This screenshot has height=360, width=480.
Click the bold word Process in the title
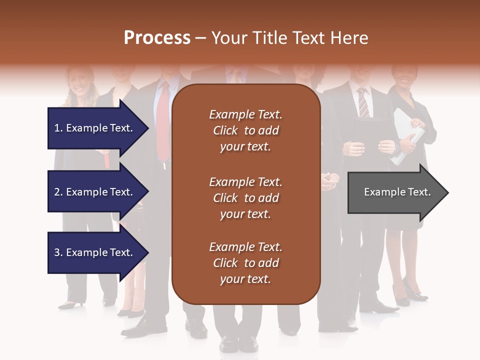pyautogui.click(x=157, y=37)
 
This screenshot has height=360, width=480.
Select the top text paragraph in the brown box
pyautogui.click(x=245, y=130)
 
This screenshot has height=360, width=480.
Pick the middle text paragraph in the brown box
pyautogui.click(x=245, y=198)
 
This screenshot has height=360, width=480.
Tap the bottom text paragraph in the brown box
pyautogui.click(x=245, y=263)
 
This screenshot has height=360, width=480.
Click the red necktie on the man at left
pyautogui.click(x=163, y=125)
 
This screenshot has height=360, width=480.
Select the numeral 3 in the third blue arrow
pyautogui.click(x=56, y=252)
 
